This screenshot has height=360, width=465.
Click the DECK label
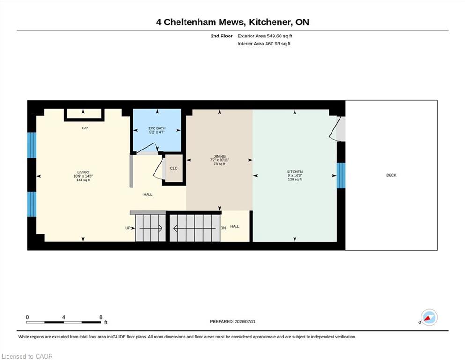(391, 175)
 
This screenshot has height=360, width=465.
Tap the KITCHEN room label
(295, 172)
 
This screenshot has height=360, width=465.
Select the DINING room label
(220, 156)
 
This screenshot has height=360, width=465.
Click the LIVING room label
(83, 172)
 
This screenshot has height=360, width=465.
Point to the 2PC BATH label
(157, 128)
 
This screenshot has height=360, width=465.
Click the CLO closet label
(174, 168)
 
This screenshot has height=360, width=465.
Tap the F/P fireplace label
(85, 128)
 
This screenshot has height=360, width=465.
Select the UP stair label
(128, 228)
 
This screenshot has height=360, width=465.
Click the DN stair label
(223, 228)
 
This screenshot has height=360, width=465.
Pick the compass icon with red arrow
(429, 317)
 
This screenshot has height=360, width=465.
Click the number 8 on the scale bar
(101, 317)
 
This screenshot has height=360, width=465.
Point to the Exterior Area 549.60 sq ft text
(265, 36)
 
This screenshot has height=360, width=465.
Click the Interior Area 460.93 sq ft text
(264, 44)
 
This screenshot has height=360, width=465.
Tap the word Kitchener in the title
(269, 22)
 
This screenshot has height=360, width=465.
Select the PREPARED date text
(232, 322)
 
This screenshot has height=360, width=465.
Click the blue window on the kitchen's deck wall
(341, 175)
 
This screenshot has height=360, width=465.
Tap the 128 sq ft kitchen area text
(295, 180)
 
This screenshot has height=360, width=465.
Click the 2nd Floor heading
(221, 36)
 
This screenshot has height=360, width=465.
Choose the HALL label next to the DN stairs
(235, 226)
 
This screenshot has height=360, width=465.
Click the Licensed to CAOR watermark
(27, 356)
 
